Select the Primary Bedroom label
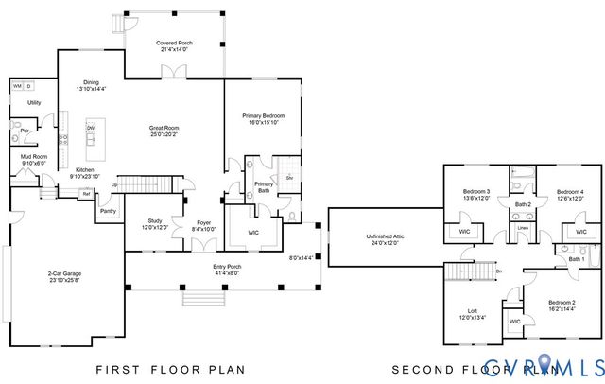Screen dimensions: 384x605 pyautogui.click(x=264, y=117)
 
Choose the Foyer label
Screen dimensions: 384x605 pyautogui.click(x=203, y=224)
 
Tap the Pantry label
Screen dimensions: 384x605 pyautogui.click(x=108, y=211)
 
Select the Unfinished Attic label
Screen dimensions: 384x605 pyautogui.click(x=383, y=239)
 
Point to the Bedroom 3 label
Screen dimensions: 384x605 pyautogui.click(x=475, y=195)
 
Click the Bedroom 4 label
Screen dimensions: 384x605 pyautogui.click(x=570, y=195)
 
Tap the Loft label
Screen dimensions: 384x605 pyautogui.click(x=473, y=313)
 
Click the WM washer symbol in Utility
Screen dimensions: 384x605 pyautogui.click(x=17, y=86)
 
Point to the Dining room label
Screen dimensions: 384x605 pyautogui.click(x=91, y=85)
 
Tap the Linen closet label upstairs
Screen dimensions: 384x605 pyautogui.click(x=523, y=228)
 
